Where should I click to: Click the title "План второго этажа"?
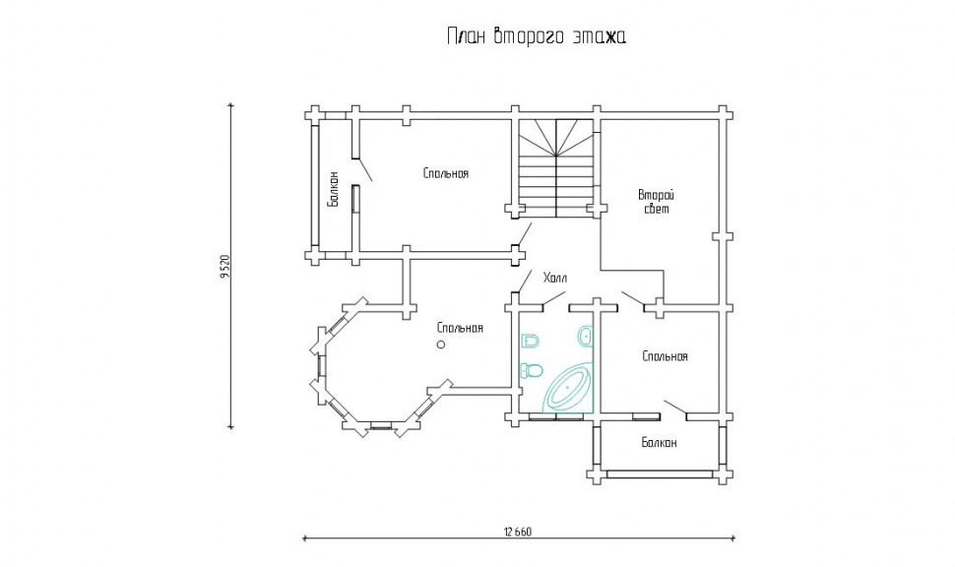click(537, 36)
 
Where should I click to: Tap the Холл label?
click(555, 279)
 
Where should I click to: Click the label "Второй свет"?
click(657, 202)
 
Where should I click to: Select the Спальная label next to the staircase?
click(446, 173)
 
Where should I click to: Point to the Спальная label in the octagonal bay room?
click(460, 328)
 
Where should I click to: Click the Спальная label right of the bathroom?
click(666, 356)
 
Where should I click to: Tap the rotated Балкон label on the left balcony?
click(333, 189)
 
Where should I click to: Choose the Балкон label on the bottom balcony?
click(659, 443)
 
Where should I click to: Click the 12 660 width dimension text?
click(518, 532)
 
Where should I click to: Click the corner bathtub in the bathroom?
click(568, 389)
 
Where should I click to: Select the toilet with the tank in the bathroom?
click(531, 370)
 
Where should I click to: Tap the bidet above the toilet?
click(531, 341)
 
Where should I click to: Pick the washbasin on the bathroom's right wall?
click(586, 335)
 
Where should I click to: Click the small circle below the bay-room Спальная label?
click(441, 345)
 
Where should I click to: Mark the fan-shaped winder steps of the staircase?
click(556, 138)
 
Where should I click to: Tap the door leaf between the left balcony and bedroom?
click(364, 169)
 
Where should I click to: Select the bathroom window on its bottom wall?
click(557, 417)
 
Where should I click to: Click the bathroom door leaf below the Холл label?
click(553, 298)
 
